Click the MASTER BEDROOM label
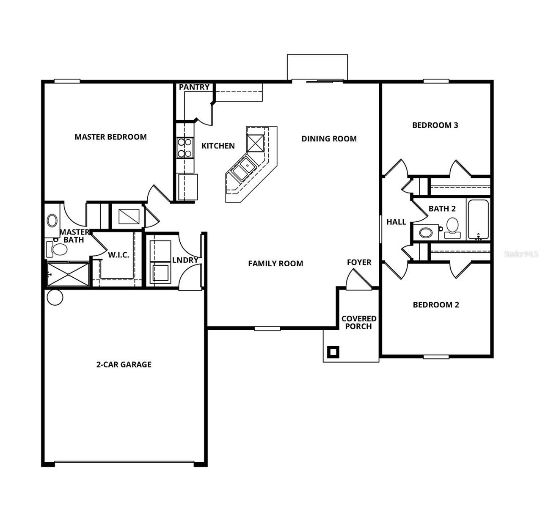[110, 137]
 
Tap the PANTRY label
[194, 87]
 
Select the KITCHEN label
[218, 146]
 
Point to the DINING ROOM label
[329, 138]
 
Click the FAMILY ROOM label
[276, 263]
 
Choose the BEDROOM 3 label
[435, 125]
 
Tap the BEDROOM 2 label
[436, 305]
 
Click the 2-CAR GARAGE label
[124, 364]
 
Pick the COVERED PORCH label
[359, 323]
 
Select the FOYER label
[359, 262]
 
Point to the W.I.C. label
[118, 255]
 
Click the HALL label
[396, 222]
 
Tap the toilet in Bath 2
[452, 228]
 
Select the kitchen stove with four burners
[185, 148]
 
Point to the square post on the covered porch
[333, 351]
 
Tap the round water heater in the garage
[55, 297]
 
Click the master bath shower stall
[68, 274]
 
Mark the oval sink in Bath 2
[426, 232]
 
